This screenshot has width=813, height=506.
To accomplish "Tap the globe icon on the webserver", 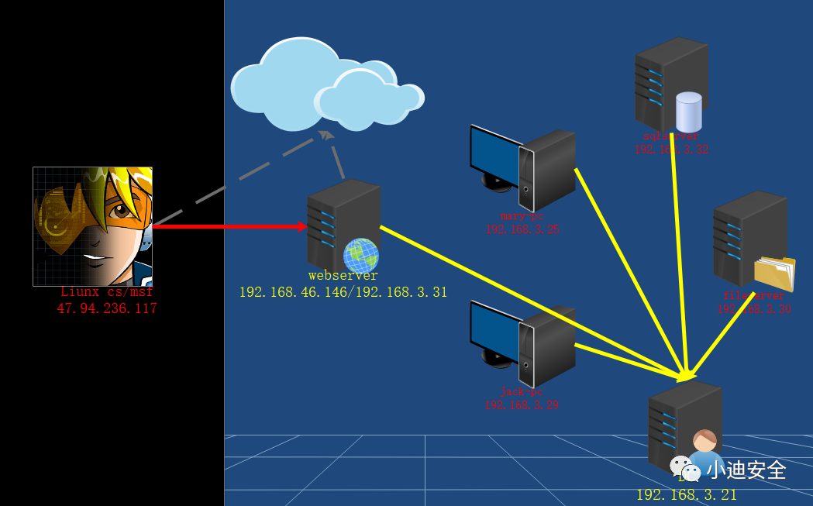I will [x=361, y=255].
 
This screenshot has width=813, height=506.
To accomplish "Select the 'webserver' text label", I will [x=343, y=276].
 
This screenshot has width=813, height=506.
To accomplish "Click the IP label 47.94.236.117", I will [x=107, y=308].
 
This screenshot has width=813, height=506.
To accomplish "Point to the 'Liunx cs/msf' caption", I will [x=107, y=292].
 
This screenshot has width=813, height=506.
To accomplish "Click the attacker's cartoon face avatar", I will [x=92, y=226].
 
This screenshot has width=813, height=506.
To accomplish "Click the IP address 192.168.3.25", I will [x=522, y=229].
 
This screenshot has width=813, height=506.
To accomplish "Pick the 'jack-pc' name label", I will [x=521, y=393].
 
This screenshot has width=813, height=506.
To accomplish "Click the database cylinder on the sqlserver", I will [x=688, y=112].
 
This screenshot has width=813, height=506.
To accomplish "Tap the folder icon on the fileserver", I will [x=774, y=274].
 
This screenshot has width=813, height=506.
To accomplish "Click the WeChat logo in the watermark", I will [x=685, y=469].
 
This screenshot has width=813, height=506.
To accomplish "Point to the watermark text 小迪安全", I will [x=746, y=470].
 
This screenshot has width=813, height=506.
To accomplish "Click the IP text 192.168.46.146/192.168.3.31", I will [x=343, y=292].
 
